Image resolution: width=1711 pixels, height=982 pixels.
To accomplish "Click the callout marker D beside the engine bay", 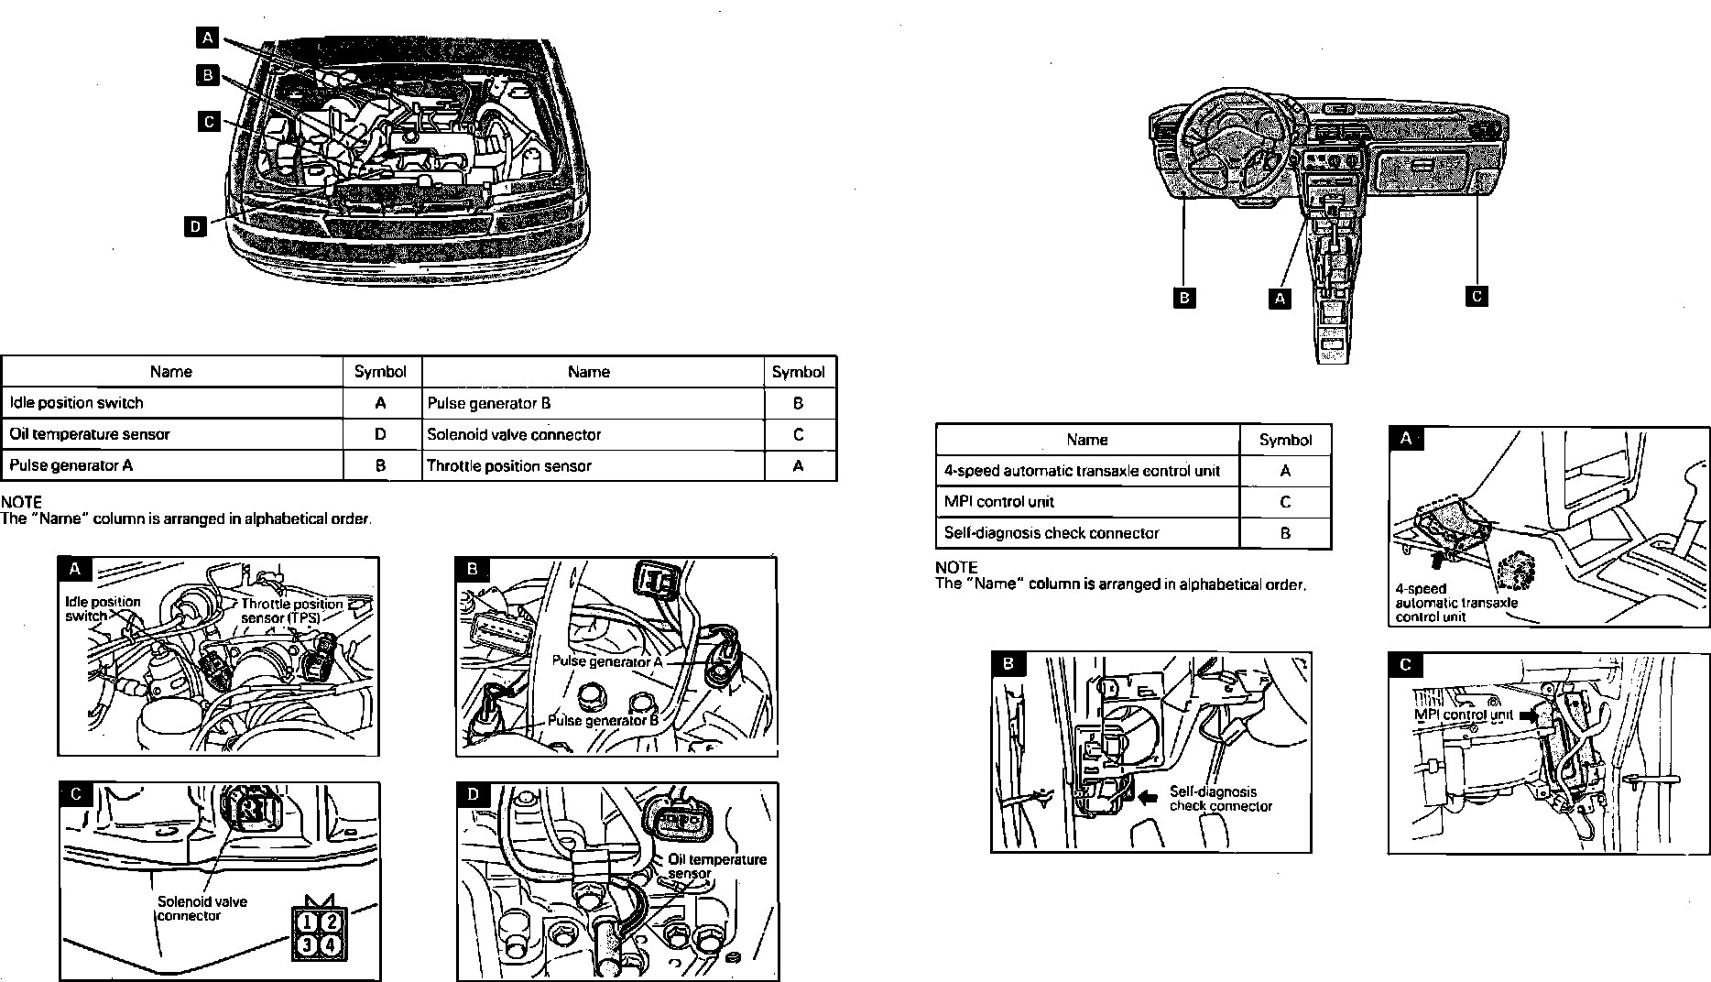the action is pos(195,225).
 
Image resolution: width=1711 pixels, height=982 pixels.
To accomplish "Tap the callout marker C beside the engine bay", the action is pos(210,121).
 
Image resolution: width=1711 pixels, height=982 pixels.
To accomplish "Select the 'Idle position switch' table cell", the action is pos(171,403).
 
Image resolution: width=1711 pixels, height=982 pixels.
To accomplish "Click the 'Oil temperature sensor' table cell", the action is pos(171,434).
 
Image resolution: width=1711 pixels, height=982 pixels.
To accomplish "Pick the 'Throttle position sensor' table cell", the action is pos(592,465).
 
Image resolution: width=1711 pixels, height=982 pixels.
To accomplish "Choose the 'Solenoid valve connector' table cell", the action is pos(592,434).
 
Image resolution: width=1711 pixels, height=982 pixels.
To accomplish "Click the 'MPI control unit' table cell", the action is pos(1086,502).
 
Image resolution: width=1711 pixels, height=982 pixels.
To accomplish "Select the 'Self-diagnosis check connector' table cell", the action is pos(1086,533).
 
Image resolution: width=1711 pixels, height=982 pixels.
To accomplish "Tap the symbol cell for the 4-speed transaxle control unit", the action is pos(1285,471).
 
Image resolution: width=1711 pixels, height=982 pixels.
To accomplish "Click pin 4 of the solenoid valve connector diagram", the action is pos(330,944).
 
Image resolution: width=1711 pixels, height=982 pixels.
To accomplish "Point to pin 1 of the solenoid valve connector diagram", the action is pos(310,922).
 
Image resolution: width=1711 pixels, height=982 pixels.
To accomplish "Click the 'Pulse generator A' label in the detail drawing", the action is pos(606,661).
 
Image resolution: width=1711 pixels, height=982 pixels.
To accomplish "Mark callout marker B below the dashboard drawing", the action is pos(1184,298).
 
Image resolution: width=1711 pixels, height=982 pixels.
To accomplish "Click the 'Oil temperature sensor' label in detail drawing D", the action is pos(716,866).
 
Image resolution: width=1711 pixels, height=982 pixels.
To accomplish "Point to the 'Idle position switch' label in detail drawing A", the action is pos(103,608).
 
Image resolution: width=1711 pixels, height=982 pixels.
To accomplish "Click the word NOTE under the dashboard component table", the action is pos(956,568).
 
